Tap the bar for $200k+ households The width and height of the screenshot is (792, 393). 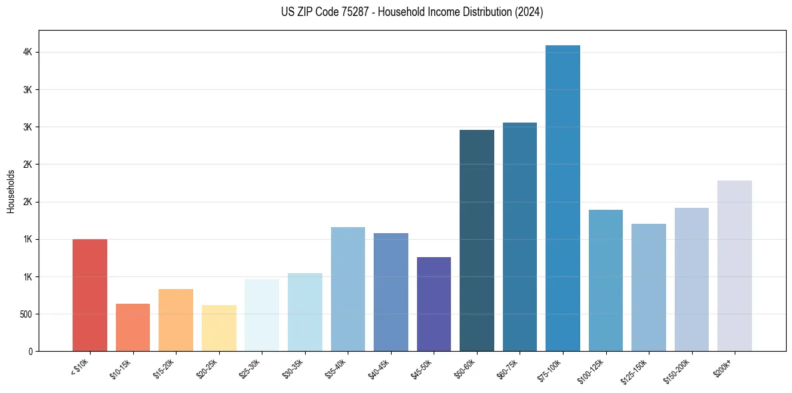click(x=735, y=266)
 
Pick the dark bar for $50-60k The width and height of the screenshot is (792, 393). click(x=477, y=240)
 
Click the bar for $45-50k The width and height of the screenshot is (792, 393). click(x=434, y=304)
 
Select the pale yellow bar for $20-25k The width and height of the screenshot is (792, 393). click(x=219, y=328)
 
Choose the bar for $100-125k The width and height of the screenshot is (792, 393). click(x=605, y=280)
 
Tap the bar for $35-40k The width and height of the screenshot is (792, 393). click(x=348, y=289)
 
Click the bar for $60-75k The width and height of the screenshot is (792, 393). click(x=520, y=237)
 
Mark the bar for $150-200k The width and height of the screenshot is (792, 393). click(x=691, y=280)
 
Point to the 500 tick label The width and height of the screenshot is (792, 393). click(x=25, y=314)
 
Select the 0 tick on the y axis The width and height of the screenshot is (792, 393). click(x=30, y=351)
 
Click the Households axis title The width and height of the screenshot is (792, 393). click(x=11, y=191)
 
